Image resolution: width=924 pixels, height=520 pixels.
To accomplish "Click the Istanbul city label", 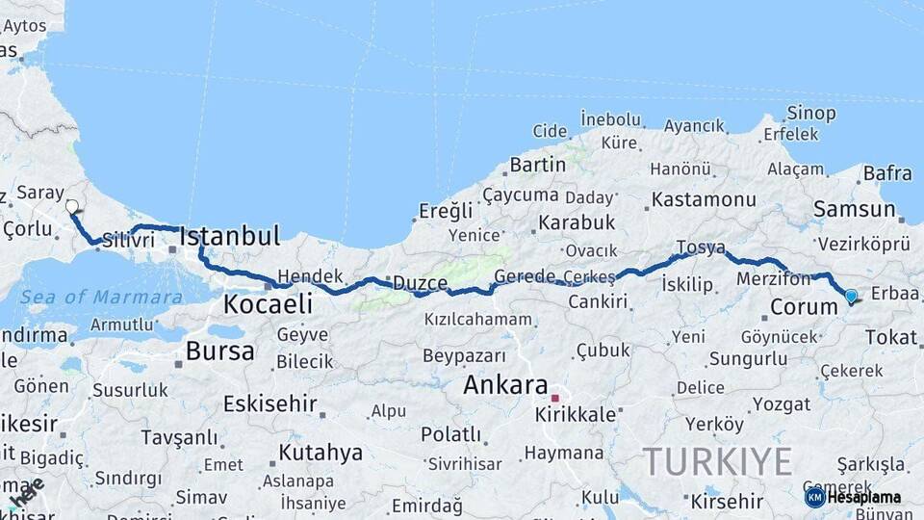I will click(230, 236).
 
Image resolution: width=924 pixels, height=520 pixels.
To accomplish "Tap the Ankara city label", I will click(505, 385).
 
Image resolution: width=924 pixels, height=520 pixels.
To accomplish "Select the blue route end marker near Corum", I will click(851, 297).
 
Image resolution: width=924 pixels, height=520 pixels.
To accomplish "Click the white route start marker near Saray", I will click(72, 206).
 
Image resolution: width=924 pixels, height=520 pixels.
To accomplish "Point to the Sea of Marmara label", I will click(101, 298).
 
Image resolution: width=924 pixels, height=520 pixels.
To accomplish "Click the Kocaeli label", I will click(268, 304).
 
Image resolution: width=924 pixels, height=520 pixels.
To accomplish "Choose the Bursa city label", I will click(219, 351).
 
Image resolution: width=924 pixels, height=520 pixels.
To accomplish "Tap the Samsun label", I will click(854, 210).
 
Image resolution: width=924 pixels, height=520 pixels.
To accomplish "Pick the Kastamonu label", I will click(704, 200).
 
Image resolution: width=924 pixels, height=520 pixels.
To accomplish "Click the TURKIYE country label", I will click(717, 461).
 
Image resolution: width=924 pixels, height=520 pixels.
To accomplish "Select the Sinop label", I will click(811, 114).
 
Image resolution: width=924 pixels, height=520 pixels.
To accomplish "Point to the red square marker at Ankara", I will click(554, 397).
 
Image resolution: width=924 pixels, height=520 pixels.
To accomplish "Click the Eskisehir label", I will click(269, 403).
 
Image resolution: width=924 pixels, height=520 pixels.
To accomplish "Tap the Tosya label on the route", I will click(700, 247).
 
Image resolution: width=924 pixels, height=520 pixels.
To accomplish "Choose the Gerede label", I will click(525, 277).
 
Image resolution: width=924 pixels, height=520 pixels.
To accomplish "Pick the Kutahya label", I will click(321, 453).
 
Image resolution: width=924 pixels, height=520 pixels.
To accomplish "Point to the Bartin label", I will click(537, 165).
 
